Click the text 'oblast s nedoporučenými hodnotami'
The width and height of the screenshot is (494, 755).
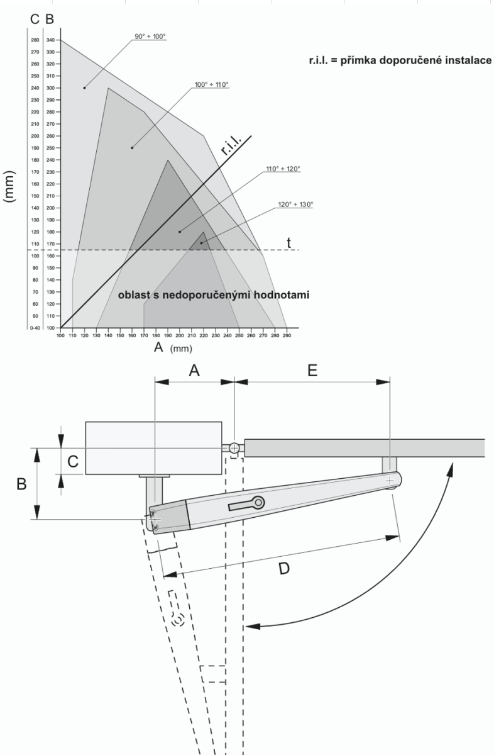(214, 294)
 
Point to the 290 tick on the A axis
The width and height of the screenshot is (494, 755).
(287, 335)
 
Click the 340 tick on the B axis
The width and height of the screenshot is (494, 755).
(50, 40)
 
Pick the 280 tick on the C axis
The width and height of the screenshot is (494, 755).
(35, 40)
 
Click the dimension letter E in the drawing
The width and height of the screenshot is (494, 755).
(313, 371)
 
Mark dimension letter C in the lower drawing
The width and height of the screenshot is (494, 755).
(72, 462)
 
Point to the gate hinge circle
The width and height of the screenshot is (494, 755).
(234, 448)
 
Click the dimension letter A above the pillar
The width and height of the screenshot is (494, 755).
(195, 371)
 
